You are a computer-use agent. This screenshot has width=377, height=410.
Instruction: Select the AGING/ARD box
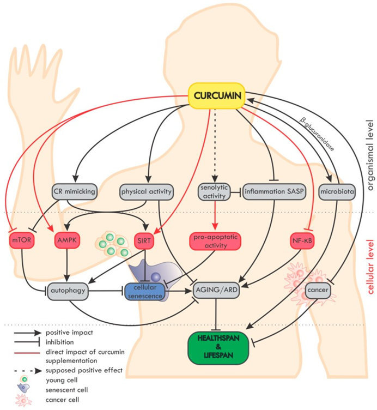(217, 291)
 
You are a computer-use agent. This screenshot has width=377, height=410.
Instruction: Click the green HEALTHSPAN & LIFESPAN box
(220, 344)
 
